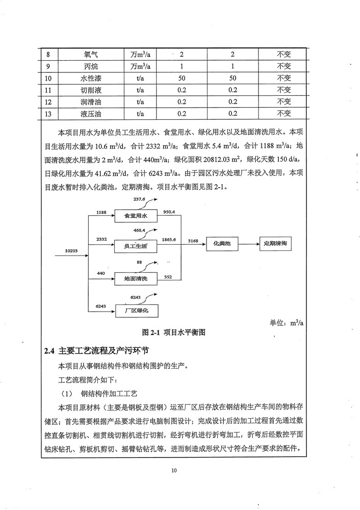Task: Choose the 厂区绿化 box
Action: pyautogui.click(x=136, y=310)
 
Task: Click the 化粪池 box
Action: pyautogui.click(x=222, y=244)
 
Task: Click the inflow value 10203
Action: pyautogui.click(x=72, y=251)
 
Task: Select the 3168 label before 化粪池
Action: pyautogui.click(x=193, y=240)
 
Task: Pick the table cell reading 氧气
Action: pyautogui.click(x=94, y=54)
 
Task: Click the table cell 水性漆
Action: pyautogui.click(x=94, y=78)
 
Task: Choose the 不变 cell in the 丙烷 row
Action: pyautogui.click(x=284, y=66)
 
